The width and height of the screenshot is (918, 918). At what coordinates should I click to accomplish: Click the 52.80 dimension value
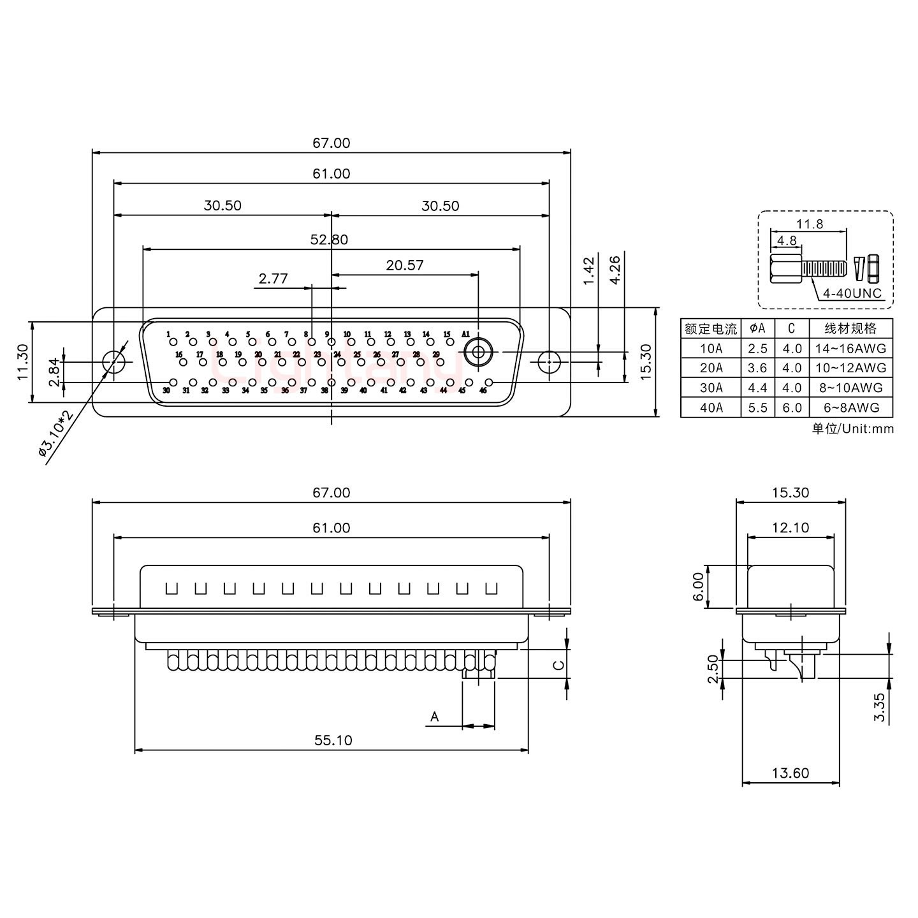click(x=329, y=240)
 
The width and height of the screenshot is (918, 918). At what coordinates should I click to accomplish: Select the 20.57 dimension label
click(x=404, y=265)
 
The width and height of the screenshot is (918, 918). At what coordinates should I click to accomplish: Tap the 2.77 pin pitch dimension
click(x=273, y=279)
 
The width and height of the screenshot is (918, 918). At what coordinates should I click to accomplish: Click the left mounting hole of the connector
click(x=114, y=361)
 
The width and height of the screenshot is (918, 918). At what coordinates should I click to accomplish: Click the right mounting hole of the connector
click(x=548, y=361)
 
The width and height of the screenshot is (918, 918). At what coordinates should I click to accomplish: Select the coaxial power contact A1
click(x=477, y=352)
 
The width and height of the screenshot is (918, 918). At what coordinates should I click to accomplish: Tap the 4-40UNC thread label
click(x=852, y=293)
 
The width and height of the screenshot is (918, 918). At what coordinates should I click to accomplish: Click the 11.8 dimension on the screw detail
click(x=809, y=224)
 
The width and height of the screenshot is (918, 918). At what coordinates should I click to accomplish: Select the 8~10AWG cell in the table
click(x=850, y=388)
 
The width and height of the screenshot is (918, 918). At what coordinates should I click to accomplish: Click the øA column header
click(x=757, y=328)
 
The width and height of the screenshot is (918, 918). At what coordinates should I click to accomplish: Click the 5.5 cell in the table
click(x=757, y=407)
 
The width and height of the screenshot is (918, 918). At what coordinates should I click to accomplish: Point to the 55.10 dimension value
click(x=333, y=740)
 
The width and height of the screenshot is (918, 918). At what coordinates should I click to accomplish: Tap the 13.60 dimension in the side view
click(x=790, y=773)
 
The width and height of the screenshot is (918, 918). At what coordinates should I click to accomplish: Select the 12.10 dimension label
click(x=790, y=527)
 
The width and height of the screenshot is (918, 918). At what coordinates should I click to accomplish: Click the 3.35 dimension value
click(x=880, y=708)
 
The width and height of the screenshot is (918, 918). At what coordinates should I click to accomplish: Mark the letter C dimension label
click(x=558, y=665)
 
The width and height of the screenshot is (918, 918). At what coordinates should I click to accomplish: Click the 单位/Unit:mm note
click(x=852, y=428)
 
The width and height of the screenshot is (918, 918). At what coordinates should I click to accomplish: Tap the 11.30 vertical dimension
click(x=22, y=362)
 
